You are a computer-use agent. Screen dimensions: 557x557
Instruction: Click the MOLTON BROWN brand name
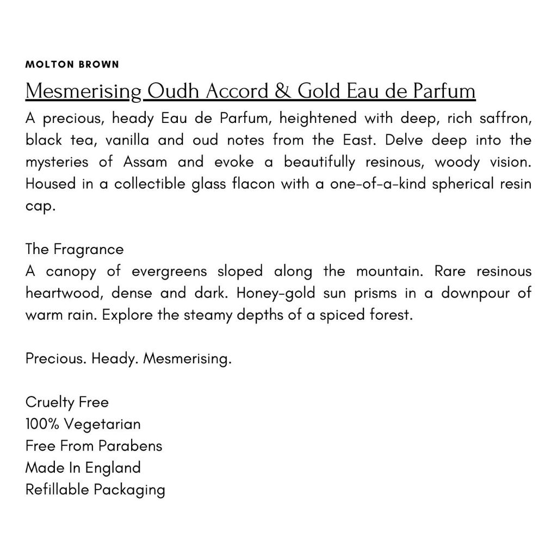click(72, 64)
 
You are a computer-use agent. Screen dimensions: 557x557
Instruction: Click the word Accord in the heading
click(238, 91)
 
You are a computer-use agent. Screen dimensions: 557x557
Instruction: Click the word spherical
click(458, 183)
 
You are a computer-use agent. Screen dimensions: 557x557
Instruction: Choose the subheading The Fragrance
click(75, 249)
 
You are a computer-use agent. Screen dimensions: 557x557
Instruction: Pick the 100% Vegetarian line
click(83, 424)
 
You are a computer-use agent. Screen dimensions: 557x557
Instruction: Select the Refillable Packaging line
click(95, 490)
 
